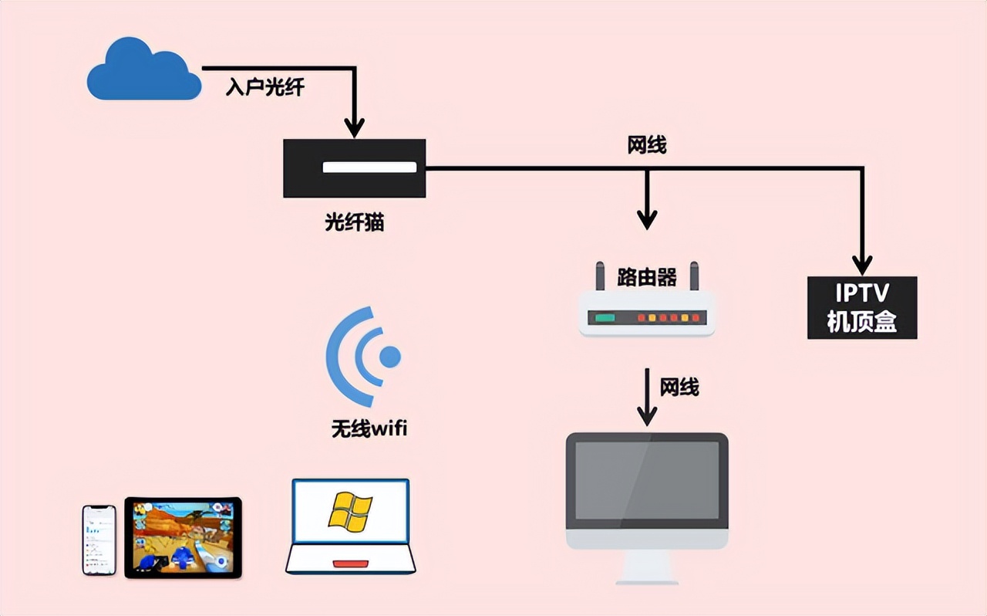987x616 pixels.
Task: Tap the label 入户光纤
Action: [x=264, y=87]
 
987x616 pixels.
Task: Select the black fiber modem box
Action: [x=354, y=168]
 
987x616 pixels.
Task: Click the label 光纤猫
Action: [x=354, y=223]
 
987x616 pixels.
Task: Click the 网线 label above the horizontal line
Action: [x=647, y=144]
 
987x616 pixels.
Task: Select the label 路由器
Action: [x=647, y=277]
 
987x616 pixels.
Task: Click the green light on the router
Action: [x=605, y=317]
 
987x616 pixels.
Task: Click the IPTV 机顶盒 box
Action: [x=862, y=307]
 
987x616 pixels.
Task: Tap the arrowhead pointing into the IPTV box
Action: [x=862, y=264]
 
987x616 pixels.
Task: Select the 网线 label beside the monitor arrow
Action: [x=679, y=387]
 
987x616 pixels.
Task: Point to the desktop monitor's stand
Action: [x=647, y=570]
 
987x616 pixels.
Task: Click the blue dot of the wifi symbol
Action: [x=390, y=357]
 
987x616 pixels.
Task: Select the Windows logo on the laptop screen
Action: [x=350, y=511]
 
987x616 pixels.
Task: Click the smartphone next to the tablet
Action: [x=99, y=540]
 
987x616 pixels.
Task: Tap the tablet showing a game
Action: [x=183, y=537]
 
